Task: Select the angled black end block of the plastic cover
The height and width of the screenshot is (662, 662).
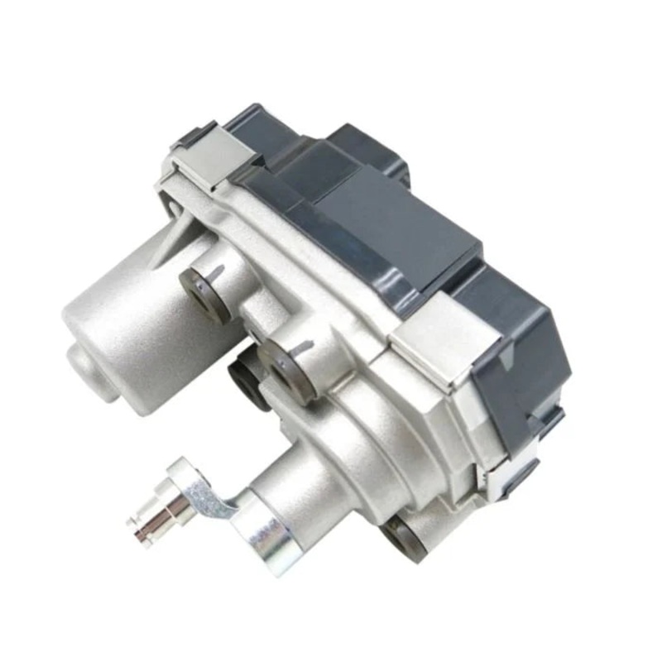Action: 513,364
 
